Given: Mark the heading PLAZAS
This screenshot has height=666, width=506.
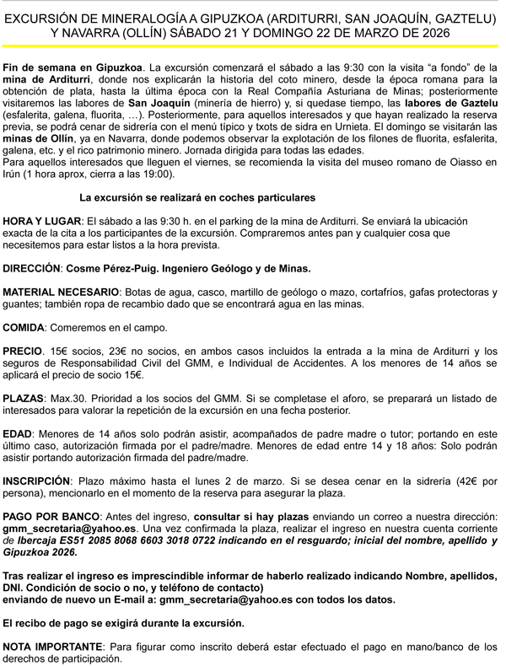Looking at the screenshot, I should coord(24,399).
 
